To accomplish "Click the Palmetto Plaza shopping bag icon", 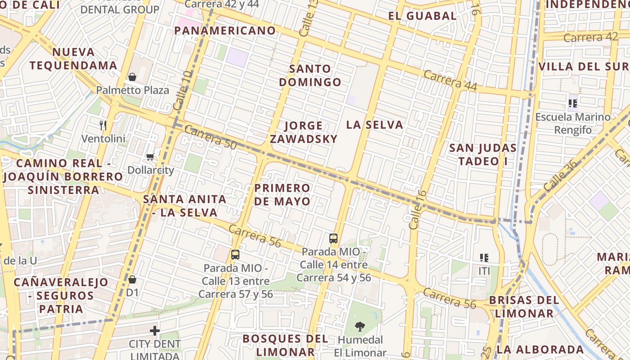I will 132,77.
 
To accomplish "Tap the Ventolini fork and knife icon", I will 103,125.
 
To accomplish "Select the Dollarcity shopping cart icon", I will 150,157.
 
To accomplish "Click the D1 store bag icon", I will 132,279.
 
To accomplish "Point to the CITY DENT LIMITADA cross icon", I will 155,331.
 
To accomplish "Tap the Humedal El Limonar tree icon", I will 360,326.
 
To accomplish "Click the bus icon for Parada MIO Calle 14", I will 333,238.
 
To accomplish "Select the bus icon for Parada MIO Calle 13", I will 235,255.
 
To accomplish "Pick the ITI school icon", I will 484,258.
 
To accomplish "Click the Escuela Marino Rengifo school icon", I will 573,103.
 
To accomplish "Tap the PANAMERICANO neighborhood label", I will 225,31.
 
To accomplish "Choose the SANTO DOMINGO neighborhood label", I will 310,76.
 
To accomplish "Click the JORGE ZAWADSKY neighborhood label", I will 304,132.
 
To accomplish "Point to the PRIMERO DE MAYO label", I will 282,194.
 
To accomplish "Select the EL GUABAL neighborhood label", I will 423,16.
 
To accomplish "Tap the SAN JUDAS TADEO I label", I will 483,154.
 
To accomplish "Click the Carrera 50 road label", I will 210,137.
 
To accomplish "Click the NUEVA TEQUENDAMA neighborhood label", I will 73,58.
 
